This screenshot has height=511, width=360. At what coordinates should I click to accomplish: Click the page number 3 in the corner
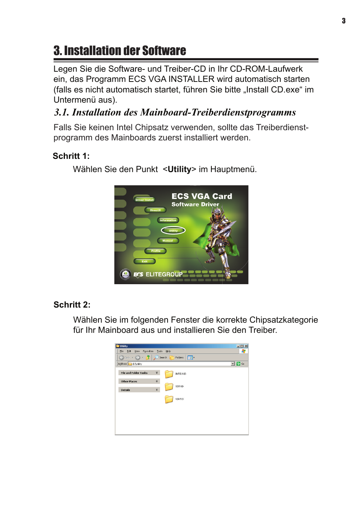click(343, 21)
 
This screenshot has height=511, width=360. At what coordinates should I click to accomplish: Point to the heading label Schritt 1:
click(71, 156)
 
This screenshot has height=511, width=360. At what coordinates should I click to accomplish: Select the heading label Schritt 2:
click(72, 305)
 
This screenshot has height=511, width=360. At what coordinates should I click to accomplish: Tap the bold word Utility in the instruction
click(179, 169)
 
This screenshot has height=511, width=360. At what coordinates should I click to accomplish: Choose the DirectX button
click(155, 210)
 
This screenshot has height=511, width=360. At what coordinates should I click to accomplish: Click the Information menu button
click(168, 220)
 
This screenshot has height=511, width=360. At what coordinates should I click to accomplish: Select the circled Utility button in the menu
click(173, 231)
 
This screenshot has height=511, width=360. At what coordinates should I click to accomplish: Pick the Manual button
click(168, 241)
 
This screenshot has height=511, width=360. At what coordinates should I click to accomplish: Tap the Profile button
click(156, 251)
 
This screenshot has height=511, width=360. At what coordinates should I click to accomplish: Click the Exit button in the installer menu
click(145, 261)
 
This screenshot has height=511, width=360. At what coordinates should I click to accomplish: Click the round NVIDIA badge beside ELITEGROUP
click(125, 274)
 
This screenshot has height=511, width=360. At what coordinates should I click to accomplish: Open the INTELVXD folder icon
click(169, 374)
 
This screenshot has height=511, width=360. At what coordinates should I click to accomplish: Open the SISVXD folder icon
click(169, 386)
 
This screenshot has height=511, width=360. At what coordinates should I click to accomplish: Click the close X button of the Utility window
click(246, 346)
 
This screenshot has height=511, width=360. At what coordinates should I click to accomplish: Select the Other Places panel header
click(139, 382)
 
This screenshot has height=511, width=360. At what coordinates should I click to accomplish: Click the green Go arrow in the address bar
click(238, 364)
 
